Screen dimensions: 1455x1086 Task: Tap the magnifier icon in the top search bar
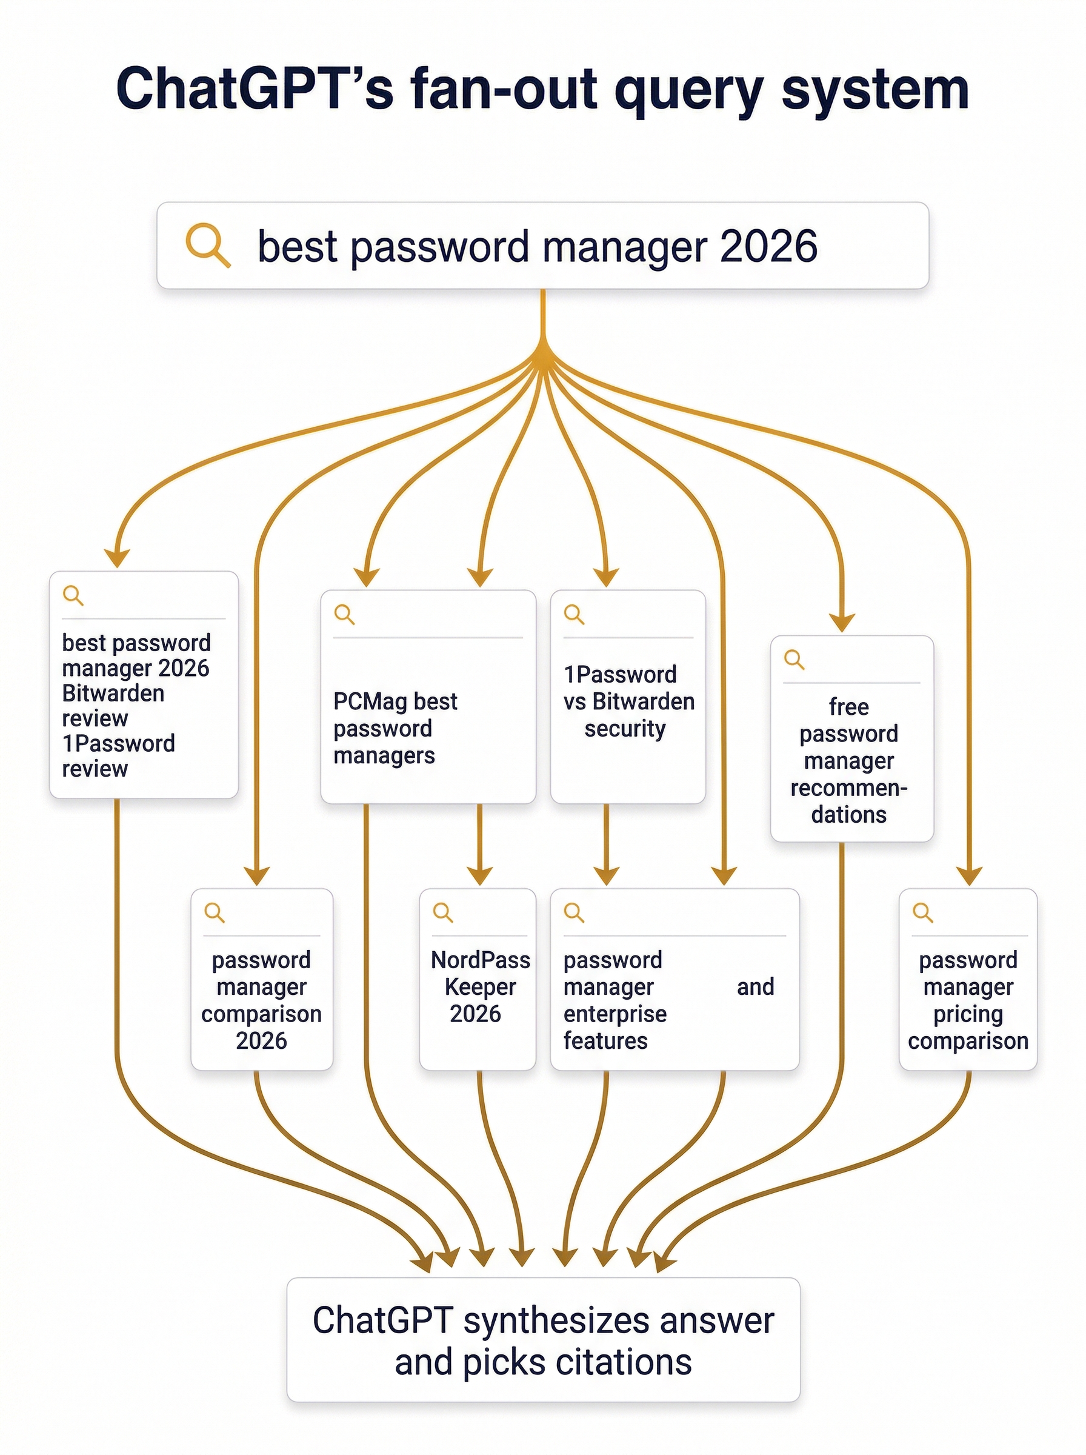tap(207, 246)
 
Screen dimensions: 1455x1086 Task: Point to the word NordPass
tap(480, 960)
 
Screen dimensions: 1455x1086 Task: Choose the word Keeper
tap(480, 987)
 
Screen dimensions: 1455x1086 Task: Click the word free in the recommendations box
tap(848, 707)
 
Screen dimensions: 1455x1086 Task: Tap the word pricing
tap(968, 1014)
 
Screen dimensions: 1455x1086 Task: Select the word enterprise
tap(615, 1014)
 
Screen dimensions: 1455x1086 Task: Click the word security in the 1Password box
tap(625, 729)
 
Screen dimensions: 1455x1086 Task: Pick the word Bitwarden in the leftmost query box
tap(113, 693)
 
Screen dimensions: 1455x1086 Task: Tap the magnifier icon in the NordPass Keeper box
tap(442, 912)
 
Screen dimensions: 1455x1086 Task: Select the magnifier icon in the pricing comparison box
tap(922, 912)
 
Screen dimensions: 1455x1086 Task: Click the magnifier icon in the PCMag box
tap(344, 615)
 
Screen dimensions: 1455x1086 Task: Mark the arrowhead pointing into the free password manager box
tap(841, 622)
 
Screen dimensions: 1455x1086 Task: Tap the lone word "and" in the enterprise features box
tap(755, 987)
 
